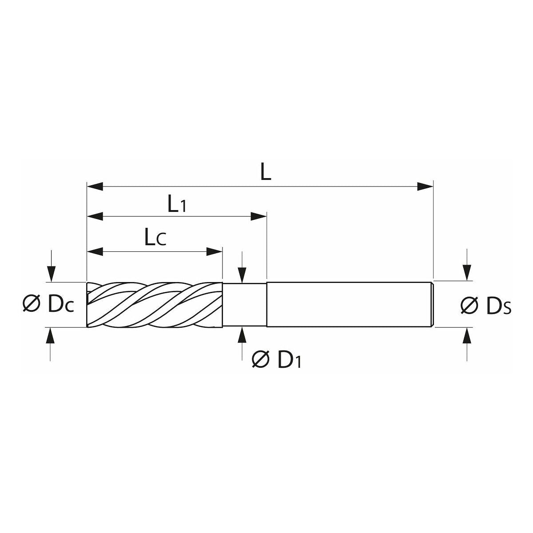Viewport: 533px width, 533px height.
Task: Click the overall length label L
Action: [266, 173]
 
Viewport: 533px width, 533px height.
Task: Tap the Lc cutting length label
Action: [155, 239]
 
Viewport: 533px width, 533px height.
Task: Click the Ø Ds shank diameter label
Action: [486, 306]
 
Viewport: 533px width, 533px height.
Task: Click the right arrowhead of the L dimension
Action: [426, 186]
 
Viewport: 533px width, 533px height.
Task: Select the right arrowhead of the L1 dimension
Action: [259, 216]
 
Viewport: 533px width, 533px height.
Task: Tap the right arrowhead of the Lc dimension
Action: [215, 252]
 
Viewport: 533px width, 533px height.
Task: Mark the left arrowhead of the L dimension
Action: [95, 186]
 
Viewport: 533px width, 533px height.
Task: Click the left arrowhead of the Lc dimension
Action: [95, 252]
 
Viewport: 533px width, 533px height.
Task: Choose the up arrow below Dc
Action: [52, 335]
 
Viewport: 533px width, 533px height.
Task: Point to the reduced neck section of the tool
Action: [244, 305]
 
